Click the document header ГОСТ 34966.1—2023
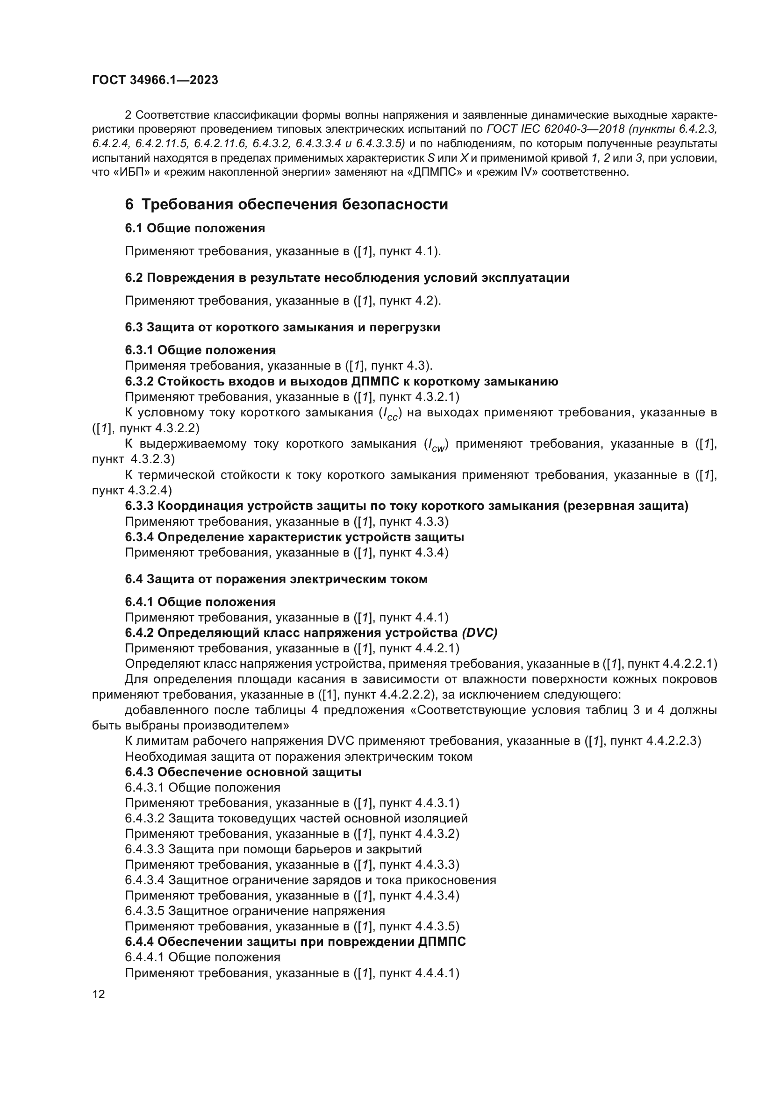pos(155,80)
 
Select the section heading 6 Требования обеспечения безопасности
pos(286,205)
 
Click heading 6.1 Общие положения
pos(195,229)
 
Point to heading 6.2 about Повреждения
pos(346,278)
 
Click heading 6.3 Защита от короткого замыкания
pos(282,328)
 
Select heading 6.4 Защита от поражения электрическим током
pos(276,579)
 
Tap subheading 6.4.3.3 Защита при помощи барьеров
pos(273,849)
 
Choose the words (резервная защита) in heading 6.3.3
pos(625,506)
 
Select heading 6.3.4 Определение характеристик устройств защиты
pos(294,537)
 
